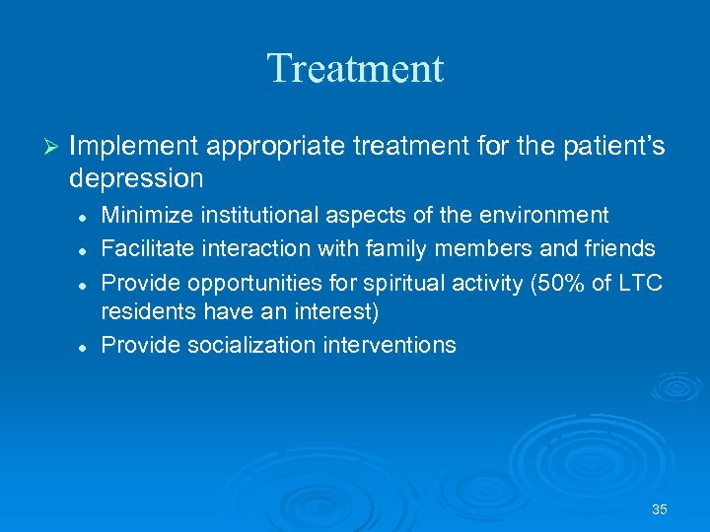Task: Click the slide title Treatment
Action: [x=355, y=69]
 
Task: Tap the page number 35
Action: [x=660, y=509]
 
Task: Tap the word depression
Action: [x=136, y=179]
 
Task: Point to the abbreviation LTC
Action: [x=642, y=284]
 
